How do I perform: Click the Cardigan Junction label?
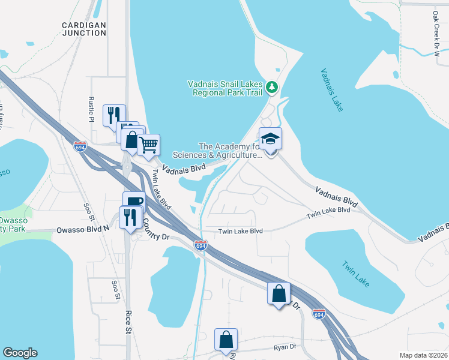click(84, 29)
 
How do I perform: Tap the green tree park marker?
click(273, 88)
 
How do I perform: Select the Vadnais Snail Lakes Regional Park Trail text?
click(225, 88)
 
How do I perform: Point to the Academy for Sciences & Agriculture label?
click(230, 151)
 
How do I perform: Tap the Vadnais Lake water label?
click(331, 89)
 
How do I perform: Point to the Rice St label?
click(128, 322)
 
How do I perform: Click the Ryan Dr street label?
click(285, 347)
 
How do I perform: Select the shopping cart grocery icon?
click(148, 145)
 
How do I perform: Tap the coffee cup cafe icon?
click(133, 202)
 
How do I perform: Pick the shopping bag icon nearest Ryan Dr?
click(226, 339)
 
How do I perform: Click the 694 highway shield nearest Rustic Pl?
click(80, 146)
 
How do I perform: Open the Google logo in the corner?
click(20, 353)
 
